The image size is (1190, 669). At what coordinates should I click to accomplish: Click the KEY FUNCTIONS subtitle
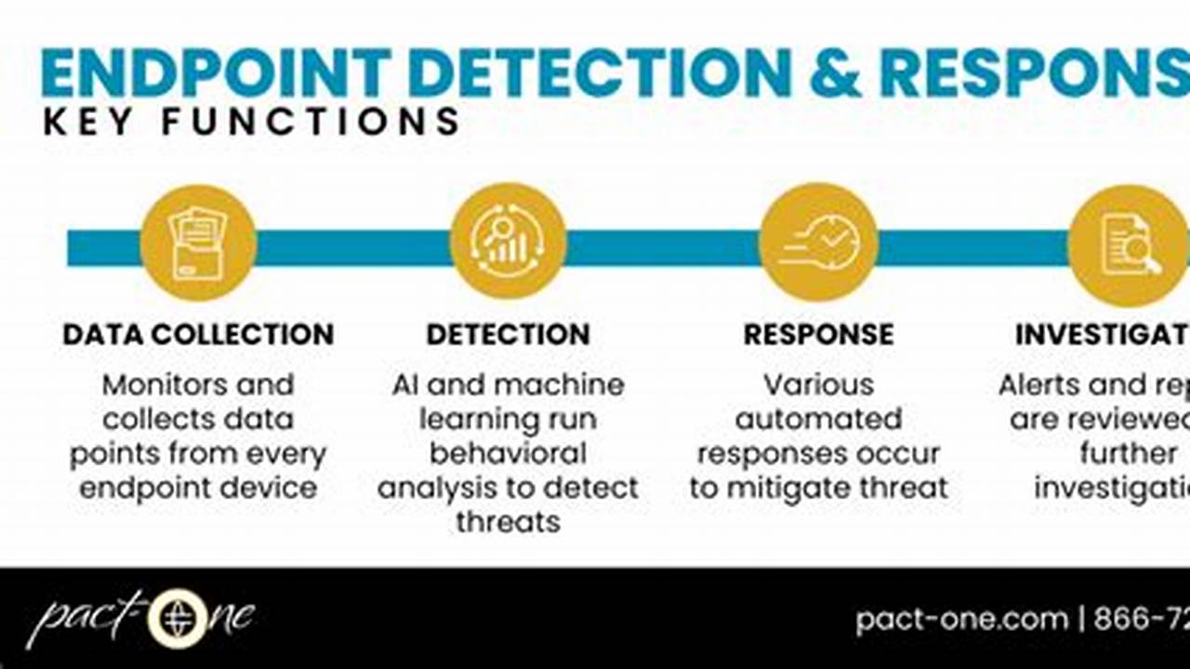[x=251, y=122]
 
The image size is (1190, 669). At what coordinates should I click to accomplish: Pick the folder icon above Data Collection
[x=198, y=243]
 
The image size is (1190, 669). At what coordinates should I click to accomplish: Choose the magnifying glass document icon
[x=1128, y=243]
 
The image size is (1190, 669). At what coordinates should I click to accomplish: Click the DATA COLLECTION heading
[x=198, y=334]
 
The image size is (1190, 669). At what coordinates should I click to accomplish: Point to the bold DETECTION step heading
[x=508, y=334]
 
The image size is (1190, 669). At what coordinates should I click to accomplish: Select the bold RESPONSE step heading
[x=818, y=334]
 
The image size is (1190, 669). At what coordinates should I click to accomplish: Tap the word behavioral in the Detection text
[x=508, y=453]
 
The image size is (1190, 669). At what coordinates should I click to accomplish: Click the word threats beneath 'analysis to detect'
[x=508, y=522]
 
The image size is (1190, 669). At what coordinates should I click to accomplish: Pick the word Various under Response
[x=818, y=385]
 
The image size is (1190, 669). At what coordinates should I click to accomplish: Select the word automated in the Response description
[x=818, y=419]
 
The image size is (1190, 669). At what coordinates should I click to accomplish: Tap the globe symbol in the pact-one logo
[x=177, y=618]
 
